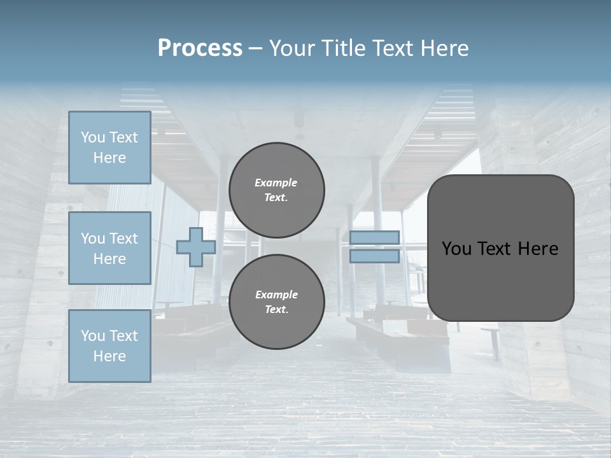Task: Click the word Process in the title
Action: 200,48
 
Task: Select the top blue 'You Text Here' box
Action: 109,148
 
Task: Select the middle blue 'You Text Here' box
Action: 109,248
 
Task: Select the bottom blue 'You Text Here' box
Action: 109,345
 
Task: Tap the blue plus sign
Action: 195,247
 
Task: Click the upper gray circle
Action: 277,190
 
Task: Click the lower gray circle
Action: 277,302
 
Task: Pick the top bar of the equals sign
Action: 374,237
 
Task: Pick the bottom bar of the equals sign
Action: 374,256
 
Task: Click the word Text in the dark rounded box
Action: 500,249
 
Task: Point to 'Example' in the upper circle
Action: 276,183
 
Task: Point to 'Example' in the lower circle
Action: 276,295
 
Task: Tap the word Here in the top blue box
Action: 109,158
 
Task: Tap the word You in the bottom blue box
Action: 93,335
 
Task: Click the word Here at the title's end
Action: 446,48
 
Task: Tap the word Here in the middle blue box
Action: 109,259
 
